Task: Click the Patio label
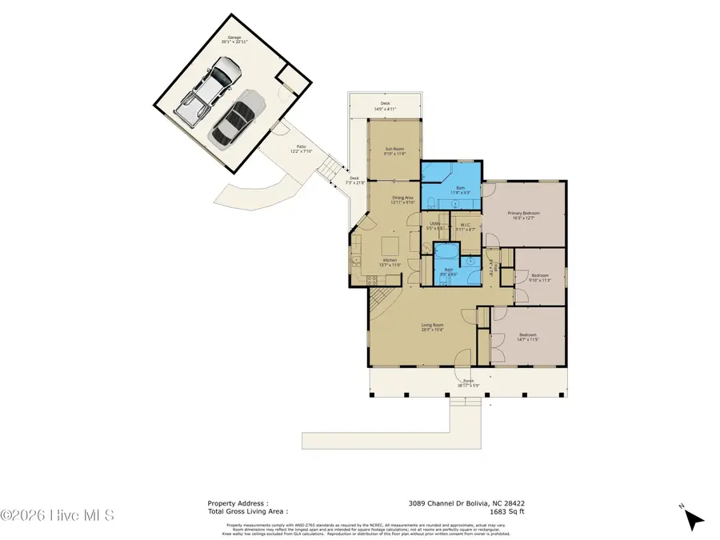click(301, 148)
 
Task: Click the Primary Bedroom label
click(524, 215)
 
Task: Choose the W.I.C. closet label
click(466, 226)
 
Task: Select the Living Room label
click(432, 326)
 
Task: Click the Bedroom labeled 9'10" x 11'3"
click(540, 277)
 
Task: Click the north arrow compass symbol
click(694, 518)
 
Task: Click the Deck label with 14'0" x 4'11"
click(385, 105)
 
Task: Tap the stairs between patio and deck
click(328, 168)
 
